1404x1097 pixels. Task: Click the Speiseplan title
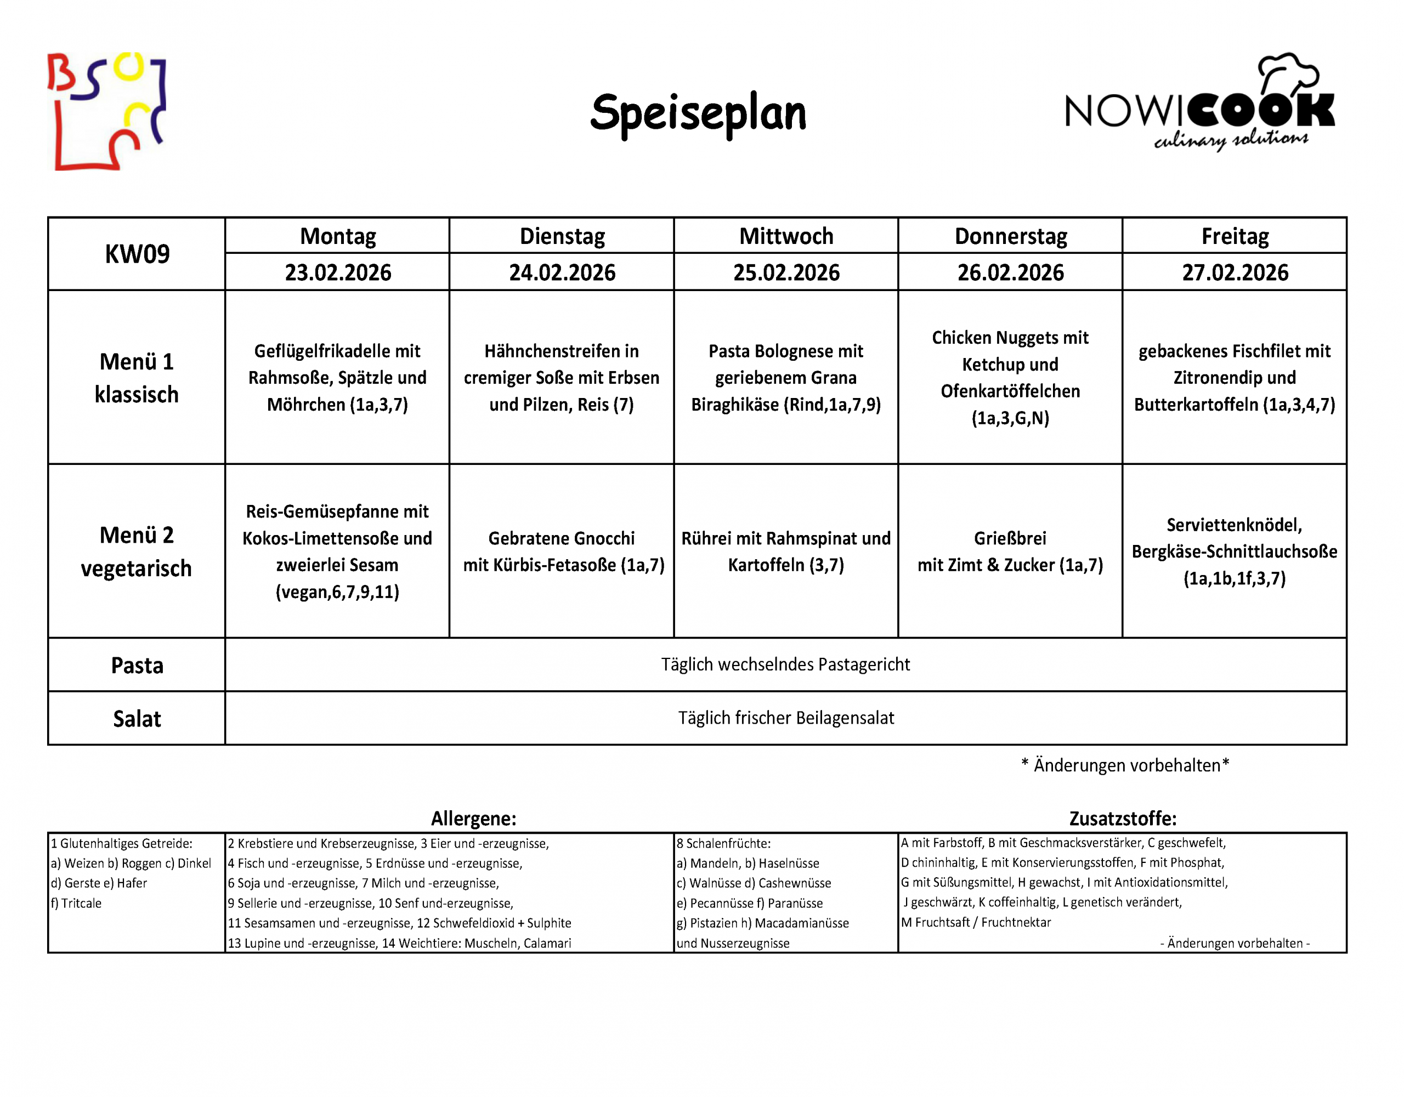click(x=698, y=113)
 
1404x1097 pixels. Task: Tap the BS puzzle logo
click(x=107, y=111)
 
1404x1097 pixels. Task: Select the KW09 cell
click(x=137, y=254)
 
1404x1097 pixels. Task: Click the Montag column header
click(x=337, y=236)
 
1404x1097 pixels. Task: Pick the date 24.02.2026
click(x=562, y=272)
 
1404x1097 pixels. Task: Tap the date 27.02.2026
click(x=1235, y=272)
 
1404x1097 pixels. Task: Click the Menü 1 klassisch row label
click(x=137, y=378)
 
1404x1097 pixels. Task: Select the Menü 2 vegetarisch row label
click(x=137, y=552)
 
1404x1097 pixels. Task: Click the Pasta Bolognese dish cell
click(x=785, y=378)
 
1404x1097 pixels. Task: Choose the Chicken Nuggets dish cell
click(x=1010, y=378)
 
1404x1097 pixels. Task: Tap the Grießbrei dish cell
click(x=1010, y=552)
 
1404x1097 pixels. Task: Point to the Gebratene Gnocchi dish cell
click(x=562, y=552)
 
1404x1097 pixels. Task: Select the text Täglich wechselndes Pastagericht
click(x=785, y=664)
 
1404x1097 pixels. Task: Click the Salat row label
click(x=137, y=719)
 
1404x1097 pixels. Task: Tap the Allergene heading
click(x=473, y=818)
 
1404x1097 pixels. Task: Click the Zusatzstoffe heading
click(x=1123, y=818)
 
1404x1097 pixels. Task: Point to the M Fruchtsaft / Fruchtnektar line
click(x=976, y=922)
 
